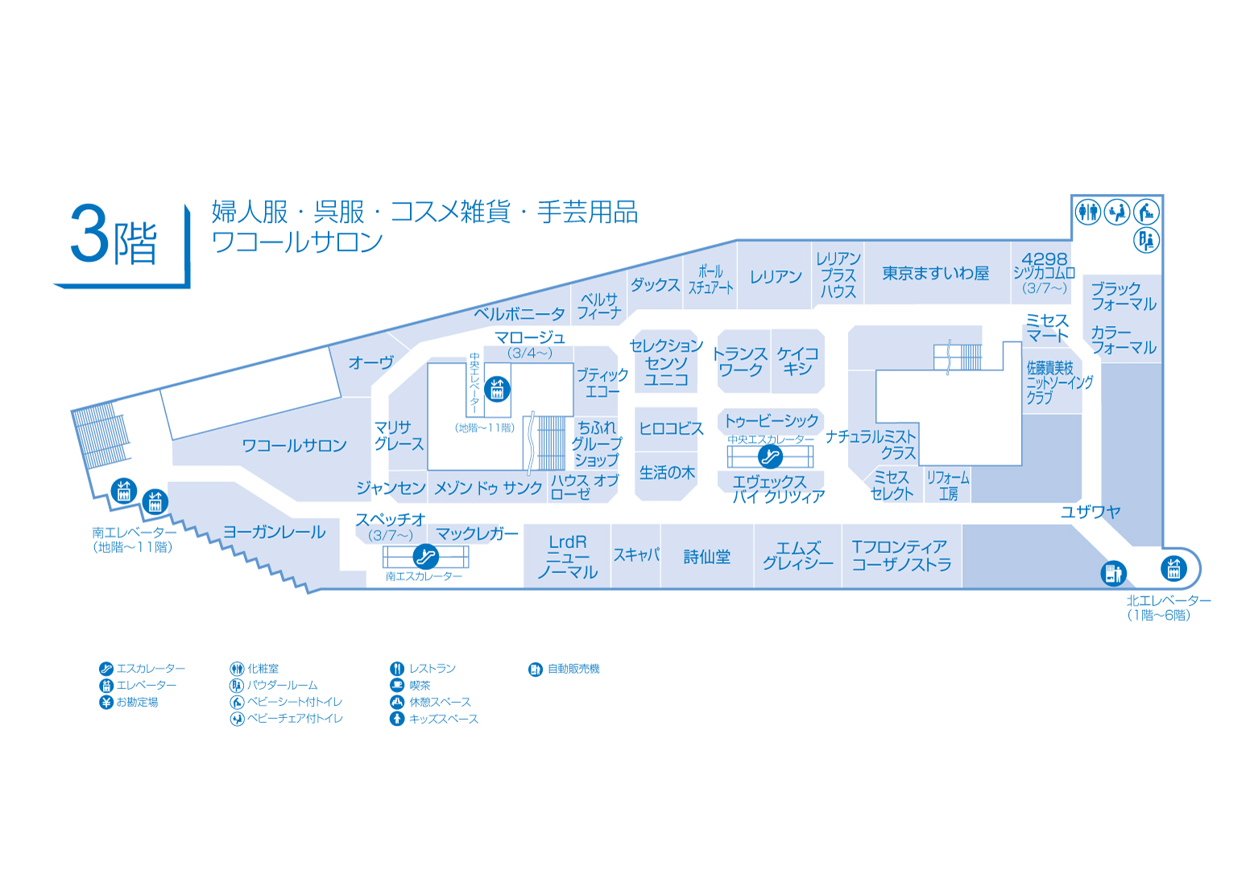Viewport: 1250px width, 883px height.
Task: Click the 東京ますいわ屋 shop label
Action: [x=935, y=274]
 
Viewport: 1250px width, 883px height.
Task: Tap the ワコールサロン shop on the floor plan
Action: [x=294, y=445]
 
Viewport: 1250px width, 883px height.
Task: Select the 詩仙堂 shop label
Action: [x=706, y=557]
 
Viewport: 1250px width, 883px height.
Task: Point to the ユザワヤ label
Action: [x=1090, y=512]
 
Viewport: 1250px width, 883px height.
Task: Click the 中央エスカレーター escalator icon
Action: [x=770, y=457]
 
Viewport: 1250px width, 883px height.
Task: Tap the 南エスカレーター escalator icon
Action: [x=425, y=556]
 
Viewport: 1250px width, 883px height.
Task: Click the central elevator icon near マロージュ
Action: [x=498, y=390]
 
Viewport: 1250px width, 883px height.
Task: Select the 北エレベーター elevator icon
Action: [x=1173, y=568]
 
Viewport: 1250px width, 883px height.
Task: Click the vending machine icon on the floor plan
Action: [x=1113, y=573]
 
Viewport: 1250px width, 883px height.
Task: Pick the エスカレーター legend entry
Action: [x=142, y=669]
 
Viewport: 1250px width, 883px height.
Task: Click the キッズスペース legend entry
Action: [x=435, y=719]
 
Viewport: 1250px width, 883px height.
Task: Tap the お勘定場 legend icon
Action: [x=106, y=702]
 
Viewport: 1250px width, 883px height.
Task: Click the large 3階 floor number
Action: [x=114, y=236]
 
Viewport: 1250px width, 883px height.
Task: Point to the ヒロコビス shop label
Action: [x=671, y=428]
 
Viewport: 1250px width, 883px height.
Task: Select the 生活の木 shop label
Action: [x=666, y=472]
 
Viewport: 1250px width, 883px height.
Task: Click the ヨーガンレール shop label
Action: [x=274, y=532]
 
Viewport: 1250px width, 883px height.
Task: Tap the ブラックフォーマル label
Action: [x=1123, y=296]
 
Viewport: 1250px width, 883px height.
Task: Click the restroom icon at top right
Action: [x=1088, y=212]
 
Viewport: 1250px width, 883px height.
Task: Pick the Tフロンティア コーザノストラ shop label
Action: [x=901, y=556]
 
